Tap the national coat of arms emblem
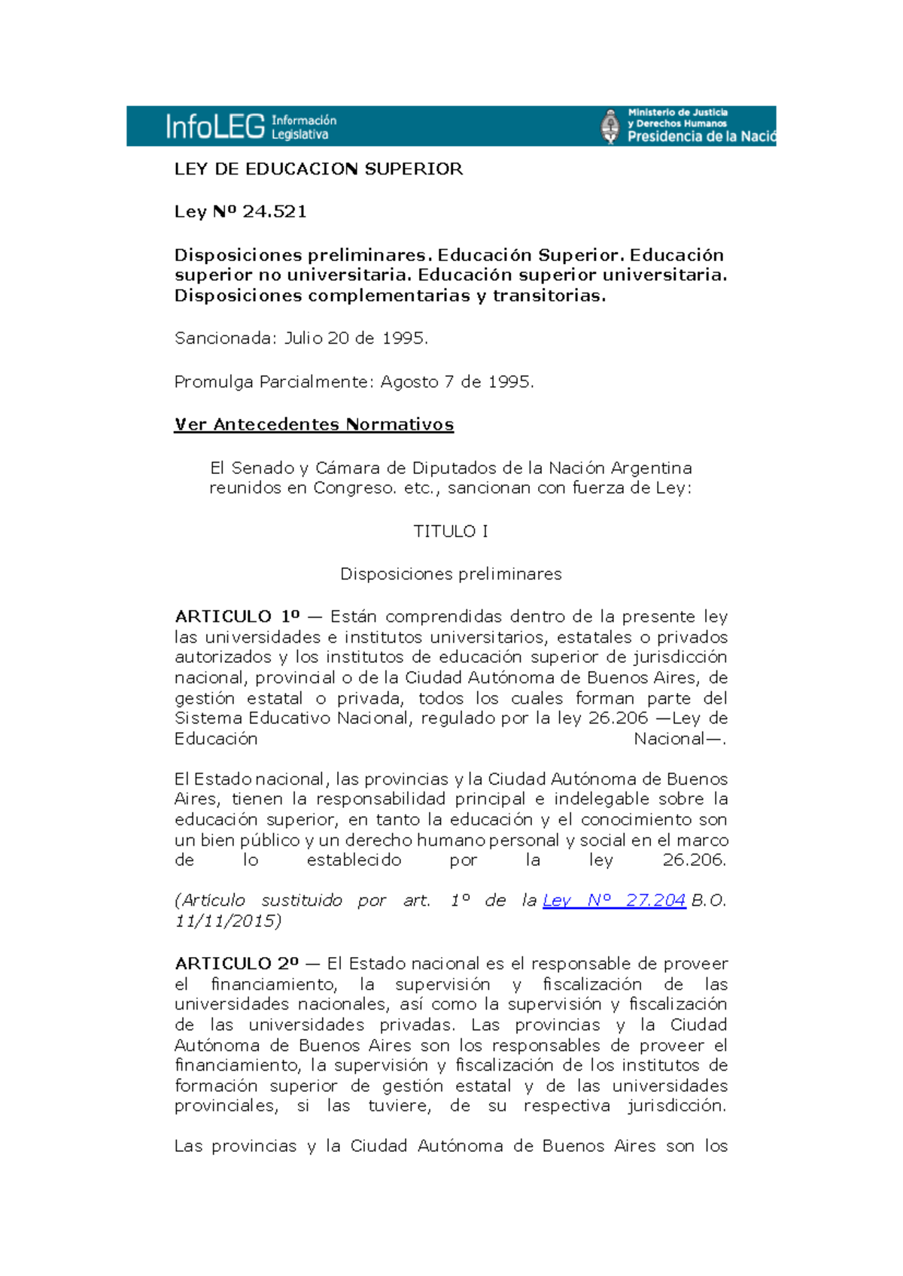[x=610, y=126]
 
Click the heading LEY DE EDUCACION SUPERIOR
[x=318, y=169]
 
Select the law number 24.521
[x=275, y=211]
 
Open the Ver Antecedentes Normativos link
[x=314, y=424]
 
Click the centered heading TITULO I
[x=451, y=531]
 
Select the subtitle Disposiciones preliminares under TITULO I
[x=451, y=574]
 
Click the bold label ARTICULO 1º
[x=237, y=617]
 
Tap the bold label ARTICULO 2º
[x=237, y=964]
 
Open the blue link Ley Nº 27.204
[x=614, y=901]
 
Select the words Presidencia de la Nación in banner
[x=701, y=137]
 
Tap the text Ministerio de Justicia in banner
[x=677, y=113]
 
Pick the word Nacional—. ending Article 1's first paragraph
[x=680, y=739]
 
